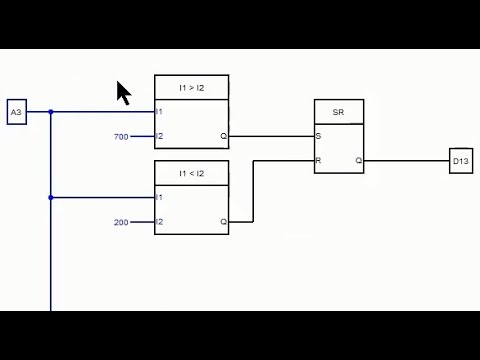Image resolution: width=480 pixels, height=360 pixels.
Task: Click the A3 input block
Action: (x=16, y=112)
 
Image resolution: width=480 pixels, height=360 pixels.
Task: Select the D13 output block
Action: (x=460, y=161)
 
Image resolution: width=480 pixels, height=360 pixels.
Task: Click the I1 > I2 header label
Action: (x=191, y=88)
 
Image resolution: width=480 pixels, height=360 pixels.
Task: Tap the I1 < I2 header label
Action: (x=191, y=174)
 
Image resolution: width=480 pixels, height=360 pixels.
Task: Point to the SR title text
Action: (x=339, y=112)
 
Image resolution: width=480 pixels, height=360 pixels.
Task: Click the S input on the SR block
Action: (x=319, y=136)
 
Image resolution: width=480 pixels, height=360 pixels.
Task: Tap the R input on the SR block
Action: (x=319, y=160)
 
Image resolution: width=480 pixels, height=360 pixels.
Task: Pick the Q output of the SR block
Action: (x=358, y=160)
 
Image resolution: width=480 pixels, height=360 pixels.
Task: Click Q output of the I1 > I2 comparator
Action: (x=223, y=136)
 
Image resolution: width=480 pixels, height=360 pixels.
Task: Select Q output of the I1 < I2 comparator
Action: (x=223, y=222)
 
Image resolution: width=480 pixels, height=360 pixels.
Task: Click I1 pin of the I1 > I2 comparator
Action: (x=160, y=112)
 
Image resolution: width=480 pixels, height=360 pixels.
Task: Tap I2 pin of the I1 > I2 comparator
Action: (x=160, y=136)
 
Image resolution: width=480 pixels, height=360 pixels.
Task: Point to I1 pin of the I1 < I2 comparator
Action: (x=160, y=198)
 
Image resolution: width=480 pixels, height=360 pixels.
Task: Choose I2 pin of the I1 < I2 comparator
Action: (x=160, y=222)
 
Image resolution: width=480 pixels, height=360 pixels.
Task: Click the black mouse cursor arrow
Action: (x=123, y=93)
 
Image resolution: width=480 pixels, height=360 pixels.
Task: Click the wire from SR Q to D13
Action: (x=405, y=160)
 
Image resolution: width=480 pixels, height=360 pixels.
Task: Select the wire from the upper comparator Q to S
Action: (x=270, y=136)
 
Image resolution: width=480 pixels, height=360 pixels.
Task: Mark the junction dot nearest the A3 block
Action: (x=51, y=112)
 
